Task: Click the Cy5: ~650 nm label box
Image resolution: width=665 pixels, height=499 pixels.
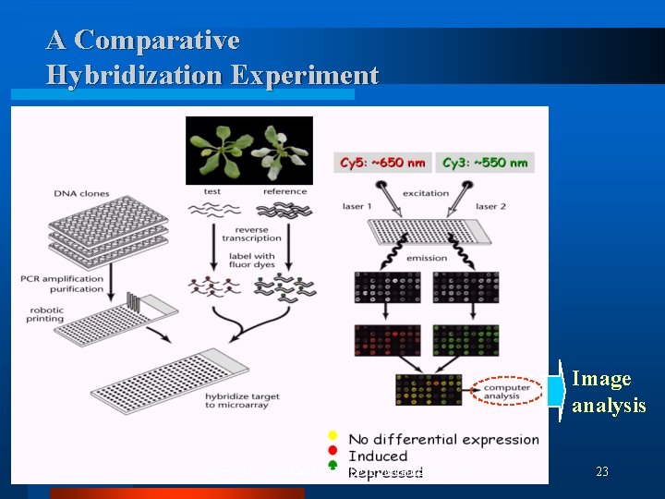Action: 382,163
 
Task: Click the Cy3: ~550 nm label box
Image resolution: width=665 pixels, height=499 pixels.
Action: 484,163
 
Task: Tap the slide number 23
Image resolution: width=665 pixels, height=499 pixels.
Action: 602,472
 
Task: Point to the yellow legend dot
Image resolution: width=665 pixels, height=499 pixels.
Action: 332,434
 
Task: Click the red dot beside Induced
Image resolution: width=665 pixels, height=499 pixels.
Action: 332,450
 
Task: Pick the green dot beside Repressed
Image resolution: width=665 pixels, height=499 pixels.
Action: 332,467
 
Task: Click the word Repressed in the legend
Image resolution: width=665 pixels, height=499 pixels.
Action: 385,473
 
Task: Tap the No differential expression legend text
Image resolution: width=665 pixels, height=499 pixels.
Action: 442,439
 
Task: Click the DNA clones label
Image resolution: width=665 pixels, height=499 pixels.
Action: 81,194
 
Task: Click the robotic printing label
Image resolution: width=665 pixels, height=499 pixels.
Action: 58,313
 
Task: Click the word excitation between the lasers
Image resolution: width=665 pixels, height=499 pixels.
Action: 425,193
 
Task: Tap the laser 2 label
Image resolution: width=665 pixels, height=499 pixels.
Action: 494,206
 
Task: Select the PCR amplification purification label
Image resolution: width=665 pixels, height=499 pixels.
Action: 64,283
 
